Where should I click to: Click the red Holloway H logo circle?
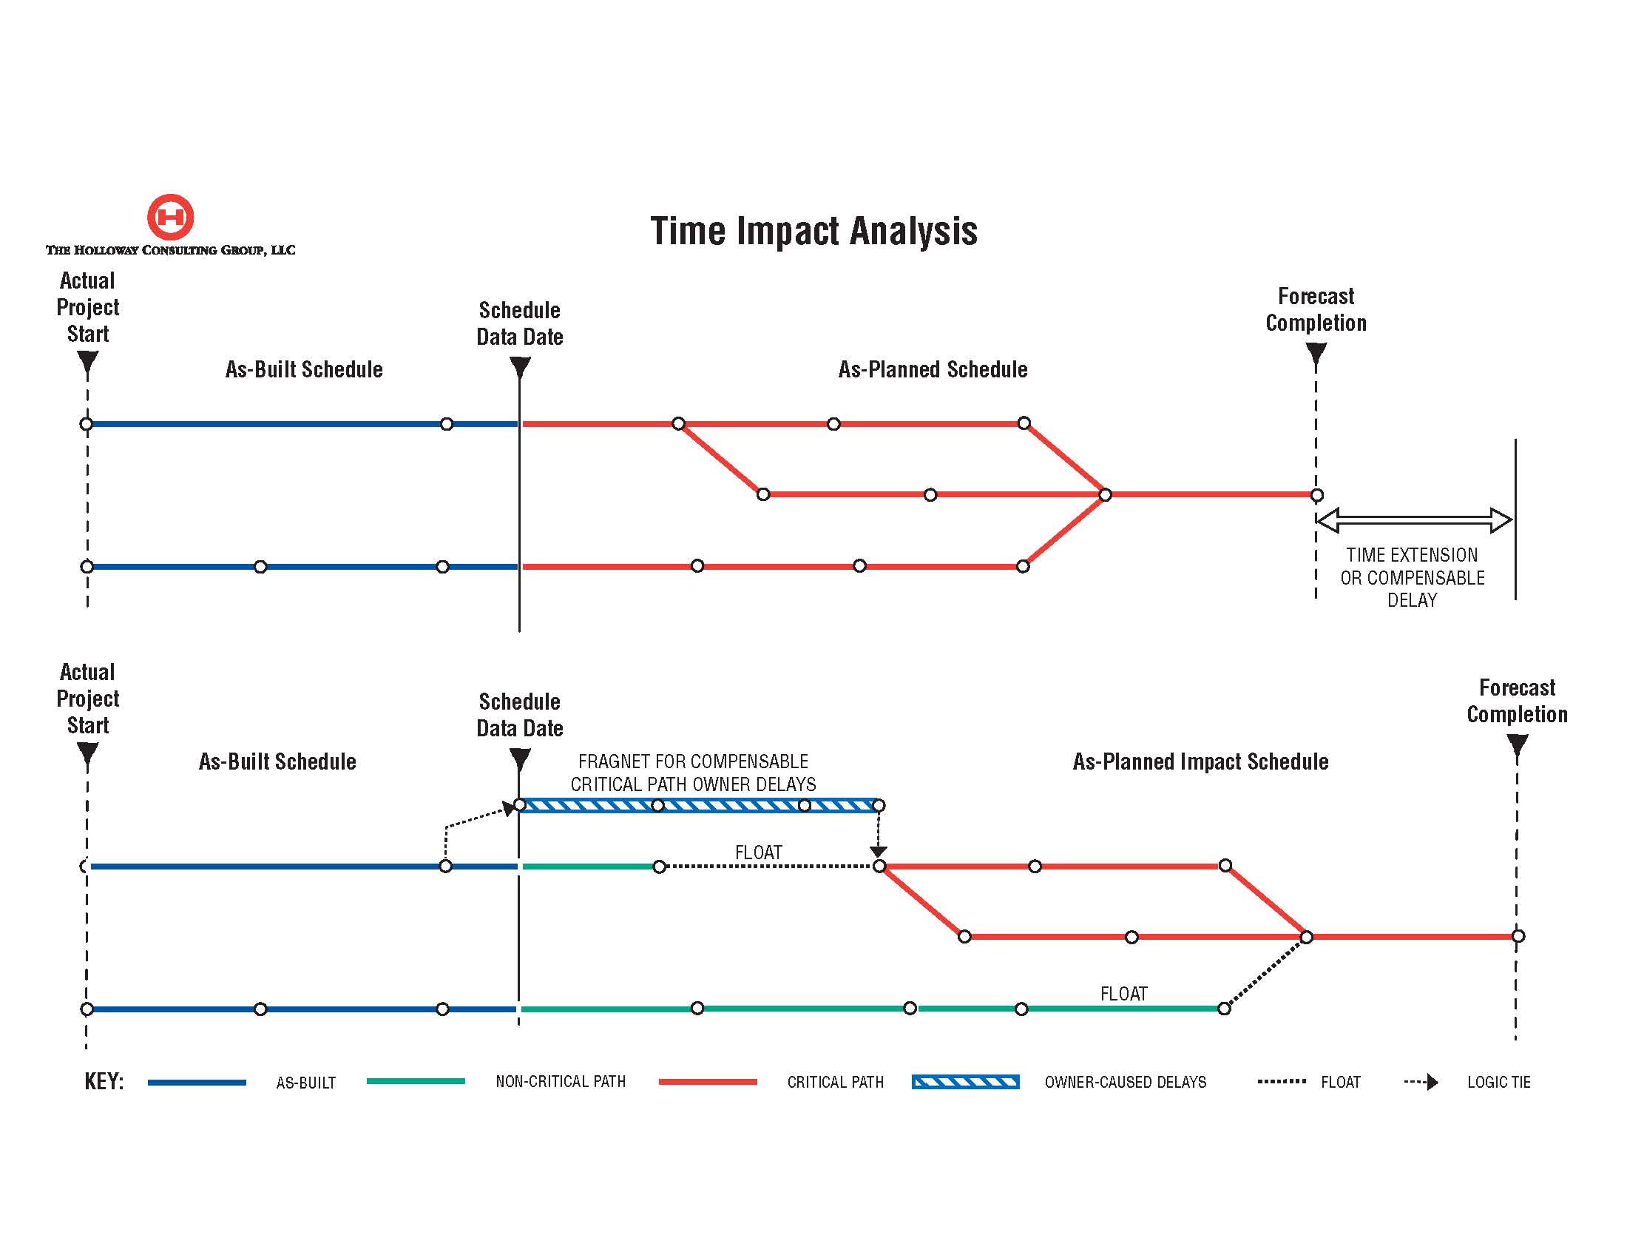click(171, 217)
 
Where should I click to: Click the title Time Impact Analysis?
click(813, 230)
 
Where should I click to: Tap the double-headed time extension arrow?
click(1414, 519)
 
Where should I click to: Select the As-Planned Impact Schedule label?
click(1200, 761)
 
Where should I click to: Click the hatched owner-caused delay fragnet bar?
click(699, 805)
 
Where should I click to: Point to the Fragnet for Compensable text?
click(693, 761)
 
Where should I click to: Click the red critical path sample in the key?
click(708, 1081)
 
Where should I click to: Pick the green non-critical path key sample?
click(416, 1081)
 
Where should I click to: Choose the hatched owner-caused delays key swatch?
click(965, 1082)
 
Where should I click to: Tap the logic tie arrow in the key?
click(1421, 1082)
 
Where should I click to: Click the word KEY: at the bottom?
click(104, 1081)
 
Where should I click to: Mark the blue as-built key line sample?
click(197, 1082)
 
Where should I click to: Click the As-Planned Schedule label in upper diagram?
click(933, 370)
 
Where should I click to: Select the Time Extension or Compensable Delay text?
click(1413, 578)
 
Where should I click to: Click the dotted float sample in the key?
click(1282, 1081)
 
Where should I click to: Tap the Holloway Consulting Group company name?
click(171, 250)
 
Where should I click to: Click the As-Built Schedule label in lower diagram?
click(277, 761)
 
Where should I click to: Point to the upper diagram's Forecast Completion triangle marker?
click(1316, 354)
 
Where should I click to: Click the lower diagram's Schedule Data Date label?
click(520, 715)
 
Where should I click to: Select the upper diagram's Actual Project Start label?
click(88, 307)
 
